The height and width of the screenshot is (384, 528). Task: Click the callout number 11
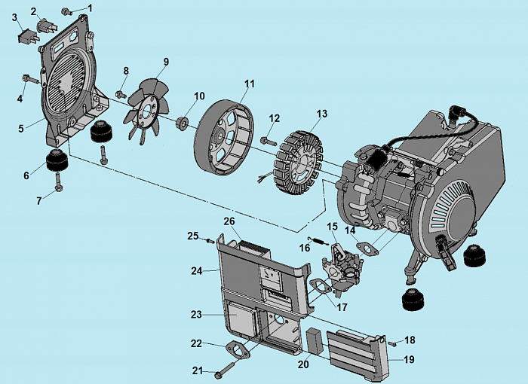click(x=249, y=83)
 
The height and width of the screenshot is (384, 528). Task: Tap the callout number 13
click(x=322, y=114)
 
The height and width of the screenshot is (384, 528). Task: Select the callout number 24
click(x=196, y=269)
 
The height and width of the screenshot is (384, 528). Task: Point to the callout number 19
click(x=409, y=360)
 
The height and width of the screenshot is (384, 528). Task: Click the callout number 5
click(x=22, y=129)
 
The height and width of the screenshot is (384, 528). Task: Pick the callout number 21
click(x=198, y=370)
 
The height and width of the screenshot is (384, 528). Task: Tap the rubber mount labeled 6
click(x=53, y=161)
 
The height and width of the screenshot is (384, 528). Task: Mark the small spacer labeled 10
click(x=183, y=122)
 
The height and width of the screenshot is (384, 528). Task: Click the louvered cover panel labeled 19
click(x=361, y=351)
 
